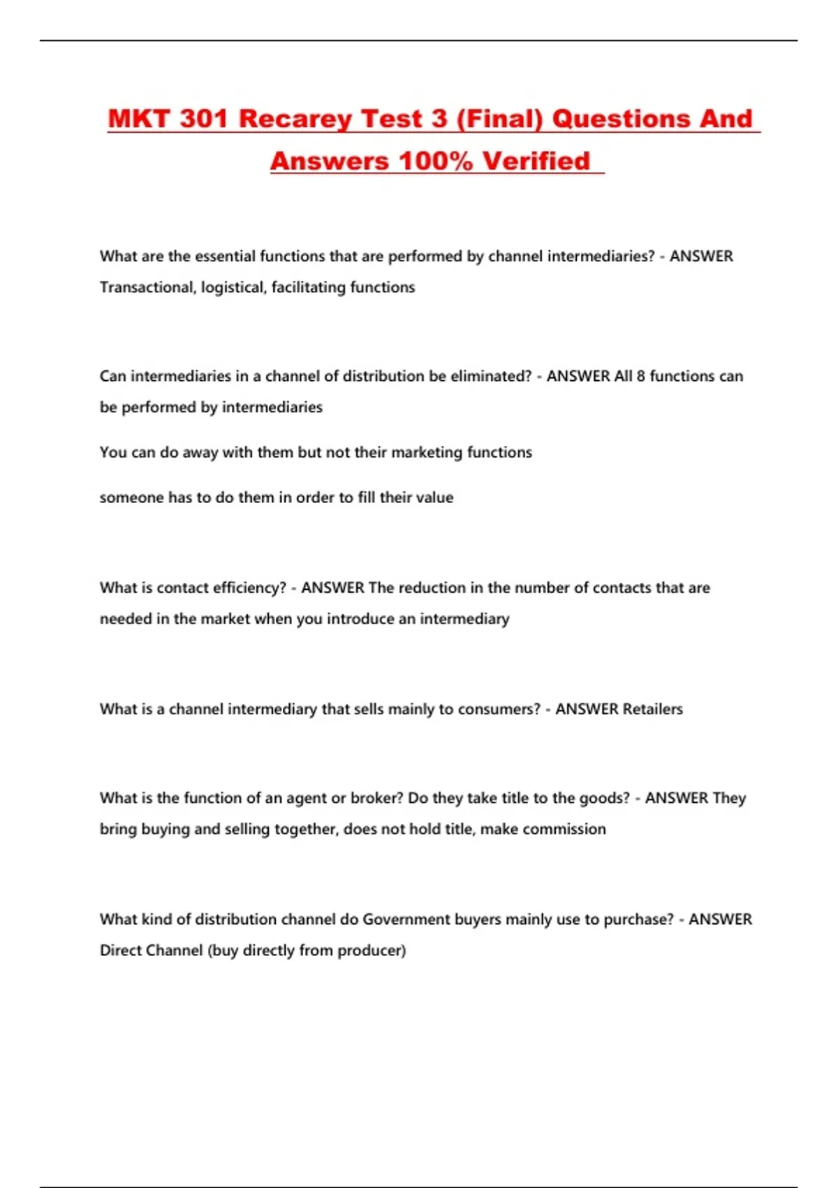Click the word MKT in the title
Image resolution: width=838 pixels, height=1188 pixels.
(139, 119)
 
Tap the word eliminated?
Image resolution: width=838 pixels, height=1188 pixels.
(491, 376)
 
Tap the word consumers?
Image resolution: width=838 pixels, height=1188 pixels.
(499, 709)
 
